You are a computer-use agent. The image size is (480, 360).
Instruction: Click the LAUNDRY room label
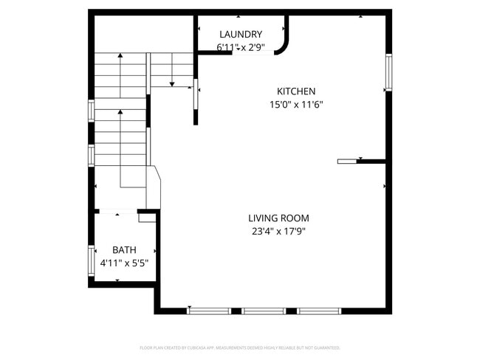pos(241,34)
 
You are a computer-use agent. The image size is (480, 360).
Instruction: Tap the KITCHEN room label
pos(296,91)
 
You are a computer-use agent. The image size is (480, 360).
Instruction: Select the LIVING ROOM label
pos(278,218)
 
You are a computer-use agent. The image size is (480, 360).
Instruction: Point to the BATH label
pos(124,250)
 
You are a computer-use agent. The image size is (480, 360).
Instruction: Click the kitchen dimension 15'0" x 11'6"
pos(296,105)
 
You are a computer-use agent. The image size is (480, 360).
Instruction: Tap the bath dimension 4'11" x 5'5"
pos(124,263)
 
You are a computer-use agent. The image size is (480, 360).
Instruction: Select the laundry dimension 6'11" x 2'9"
pos(241,47)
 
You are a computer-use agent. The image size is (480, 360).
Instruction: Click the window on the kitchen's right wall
pos(388,73)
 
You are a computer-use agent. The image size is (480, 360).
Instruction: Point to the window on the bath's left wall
pos(91,260)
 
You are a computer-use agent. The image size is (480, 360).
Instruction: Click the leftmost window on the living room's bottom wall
pos(209,311)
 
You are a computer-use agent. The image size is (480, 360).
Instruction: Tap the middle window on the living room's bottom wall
pos(264,311)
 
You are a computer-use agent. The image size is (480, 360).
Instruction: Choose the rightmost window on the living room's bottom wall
pos(319,311)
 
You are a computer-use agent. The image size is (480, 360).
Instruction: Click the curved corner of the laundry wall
pos(284,46)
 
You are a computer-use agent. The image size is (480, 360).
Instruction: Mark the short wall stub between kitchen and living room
pos(362,161)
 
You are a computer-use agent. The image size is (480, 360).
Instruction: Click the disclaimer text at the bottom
pos(240,347)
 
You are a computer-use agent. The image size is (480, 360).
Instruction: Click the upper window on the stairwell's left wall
pos(91,109)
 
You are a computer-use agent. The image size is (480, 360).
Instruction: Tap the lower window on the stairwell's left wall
pos(91,154)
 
